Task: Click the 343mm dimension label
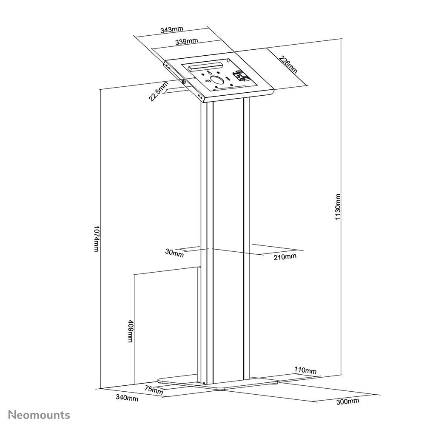click(x=172, y=30)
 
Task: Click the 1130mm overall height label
click(x=338, y=207)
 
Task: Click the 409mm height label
click(x=130, y=331)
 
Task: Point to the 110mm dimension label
click(x=305, y=371)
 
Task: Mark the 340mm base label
click(x=127, y=398)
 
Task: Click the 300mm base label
click(x=347, y=401)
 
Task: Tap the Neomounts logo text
click(x=40, y=414)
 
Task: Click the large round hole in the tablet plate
click(x=218, y=80)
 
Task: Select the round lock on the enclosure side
click(x=183, y=82)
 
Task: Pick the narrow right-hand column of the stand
click(x=245, y=238)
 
